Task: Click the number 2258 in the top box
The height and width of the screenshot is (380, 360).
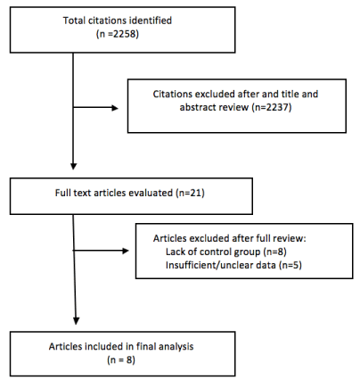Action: coord(125,34)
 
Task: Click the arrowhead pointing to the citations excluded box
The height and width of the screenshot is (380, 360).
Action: coord(115,108)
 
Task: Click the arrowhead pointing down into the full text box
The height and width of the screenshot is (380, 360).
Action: coord(73,166)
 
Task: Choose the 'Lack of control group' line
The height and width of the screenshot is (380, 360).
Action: coord(213,252)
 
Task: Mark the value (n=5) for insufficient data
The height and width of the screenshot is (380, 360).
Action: coord(290,265)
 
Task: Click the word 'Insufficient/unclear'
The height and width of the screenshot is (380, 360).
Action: coord(221,265)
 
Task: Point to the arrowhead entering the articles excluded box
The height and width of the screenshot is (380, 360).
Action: coord(126,251)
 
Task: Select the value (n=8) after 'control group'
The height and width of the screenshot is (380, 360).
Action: coord(274,252)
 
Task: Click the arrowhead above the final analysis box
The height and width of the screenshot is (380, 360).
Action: coord(76,321)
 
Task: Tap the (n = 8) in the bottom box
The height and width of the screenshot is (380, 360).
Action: coord(121,359)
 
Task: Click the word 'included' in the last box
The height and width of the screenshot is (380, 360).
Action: coord(99,347)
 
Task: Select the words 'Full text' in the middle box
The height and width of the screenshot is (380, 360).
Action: coord(73,193)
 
